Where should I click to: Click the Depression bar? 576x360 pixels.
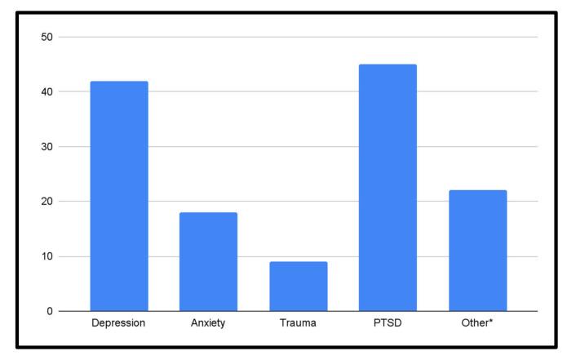(119, 196)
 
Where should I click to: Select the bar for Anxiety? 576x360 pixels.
(209, 261)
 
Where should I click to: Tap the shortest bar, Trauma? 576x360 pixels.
(299, 286)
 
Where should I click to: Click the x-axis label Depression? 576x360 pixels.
(119, 323)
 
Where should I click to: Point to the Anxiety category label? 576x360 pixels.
(209, 323)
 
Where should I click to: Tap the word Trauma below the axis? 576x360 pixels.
(299, 323)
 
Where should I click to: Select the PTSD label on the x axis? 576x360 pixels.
(388, 323)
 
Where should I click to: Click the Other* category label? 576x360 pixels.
(477, 323)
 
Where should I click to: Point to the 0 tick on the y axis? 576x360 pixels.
(50, 311)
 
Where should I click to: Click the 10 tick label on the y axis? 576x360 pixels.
(47, 256)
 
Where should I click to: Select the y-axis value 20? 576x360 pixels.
(47, 202)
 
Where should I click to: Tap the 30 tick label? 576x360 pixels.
(47, 147)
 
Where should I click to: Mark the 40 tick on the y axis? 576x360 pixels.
(47, 92)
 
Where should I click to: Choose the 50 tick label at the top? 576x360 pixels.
(47, 38)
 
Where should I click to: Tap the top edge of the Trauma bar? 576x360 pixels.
(299, 262)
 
